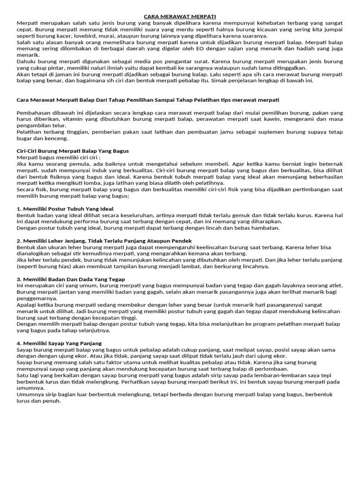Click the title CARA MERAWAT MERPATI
pyautogui.click(x=180, y=17)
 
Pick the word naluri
pyautogui.click(x=87, y=67)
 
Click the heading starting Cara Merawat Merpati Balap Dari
pyautogui.click(x=148, y=100)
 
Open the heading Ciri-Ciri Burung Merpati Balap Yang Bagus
pyautogui.click(x=73, y=151)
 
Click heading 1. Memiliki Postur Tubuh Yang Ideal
pyautogui.click(x=65, y=208)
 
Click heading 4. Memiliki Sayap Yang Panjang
pyautogui.click(x=59, y=343)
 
